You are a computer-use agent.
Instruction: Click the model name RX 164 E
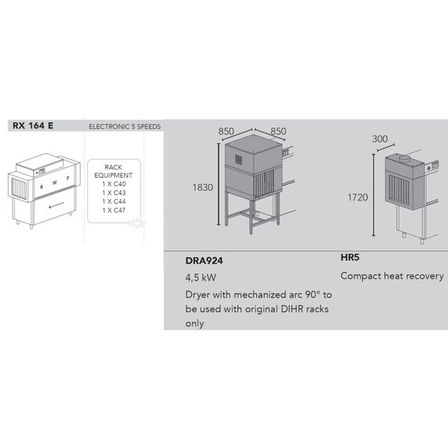tap(33, 126)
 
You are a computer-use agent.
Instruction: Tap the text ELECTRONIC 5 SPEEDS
tap(124, 127)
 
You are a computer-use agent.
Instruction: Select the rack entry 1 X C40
tap(114, 184)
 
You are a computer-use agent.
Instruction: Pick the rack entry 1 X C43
tap(114, 193)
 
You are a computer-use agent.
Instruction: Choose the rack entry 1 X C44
tap(114, 201)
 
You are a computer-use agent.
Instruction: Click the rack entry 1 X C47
tap(114, 211)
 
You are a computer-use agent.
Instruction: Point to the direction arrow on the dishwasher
tap(57, 205)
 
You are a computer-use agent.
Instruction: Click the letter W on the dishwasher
tap(54, 182)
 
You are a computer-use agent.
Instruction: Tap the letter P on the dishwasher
tap(68, 178)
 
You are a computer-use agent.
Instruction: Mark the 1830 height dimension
tap(203, 187)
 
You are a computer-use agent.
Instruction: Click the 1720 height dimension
tap(358, 197)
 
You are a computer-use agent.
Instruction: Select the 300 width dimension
tap(380, 139)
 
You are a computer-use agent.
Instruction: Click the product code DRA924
tap(204, 261)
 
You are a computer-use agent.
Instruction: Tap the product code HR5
tap(350, 258)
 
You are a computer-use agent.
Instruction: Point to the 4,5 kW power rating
tap(201, 277)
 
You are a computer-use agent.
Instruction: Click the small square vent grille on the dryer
tap(239, 160)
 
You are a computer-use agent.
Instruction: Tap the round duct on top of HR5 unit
tap(405, 158)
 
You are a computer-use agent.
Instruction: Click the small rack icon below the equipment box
tap(137, 222)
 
